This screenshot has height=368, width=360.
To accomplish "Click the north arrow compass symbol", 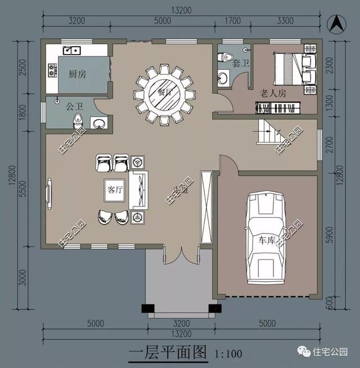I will pos(337,23).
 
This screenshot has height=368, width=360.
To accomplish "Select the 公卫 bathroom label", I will pos(74,105).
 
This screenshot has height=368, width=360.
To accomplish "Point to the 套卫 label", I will pos(241,63).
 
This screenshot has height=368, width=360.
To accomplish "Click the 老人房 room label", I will pos(273,93).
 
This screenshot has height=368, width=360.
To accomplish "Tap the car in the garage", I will pos(267,237).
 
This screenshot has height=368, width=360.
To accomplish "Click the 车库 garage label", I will pos(268,239).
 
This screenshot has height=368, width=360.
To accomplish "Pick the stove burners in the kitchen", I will pos(53,70).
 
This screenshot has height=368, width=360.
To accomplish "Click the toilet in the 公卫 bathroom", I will pos(79,120).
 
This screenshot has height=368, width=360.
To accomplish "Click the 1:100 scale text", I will pos(228,354).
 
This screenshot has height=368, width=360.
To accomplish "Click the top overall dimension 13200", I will pos(181,10).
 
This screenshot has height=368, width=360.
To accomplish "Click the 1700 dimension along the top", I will pos(232,21).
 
